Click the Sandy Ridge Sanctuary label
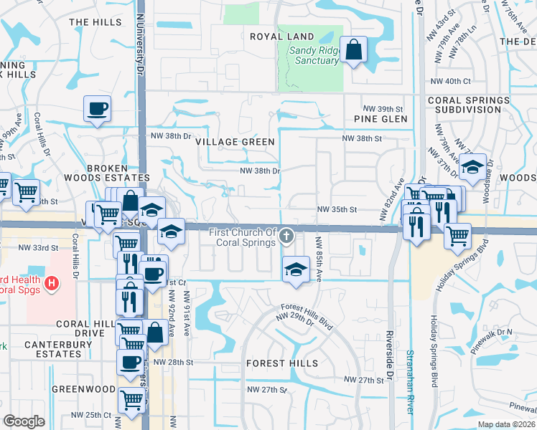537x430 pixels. click(314, 56)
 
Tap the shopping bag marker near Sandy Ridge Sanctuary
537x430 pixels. click(354, 50)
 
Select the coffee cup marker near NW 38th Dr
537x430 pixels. click(98, 110)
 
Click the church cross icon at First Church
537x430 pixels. click(286, 235)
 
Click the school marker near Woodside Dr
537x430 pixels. click(473, 168)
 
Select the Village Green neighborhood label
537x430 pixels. click(235, 142)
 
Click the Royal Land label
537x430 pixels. click(281, 37)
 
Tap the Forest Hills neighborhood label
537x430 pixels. click(281, 363)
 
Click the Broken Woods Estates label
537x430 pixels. click(118, 173)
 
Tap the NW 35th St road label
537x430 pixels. click(337, 210)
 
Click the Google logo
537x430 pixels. click(24, 421)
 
